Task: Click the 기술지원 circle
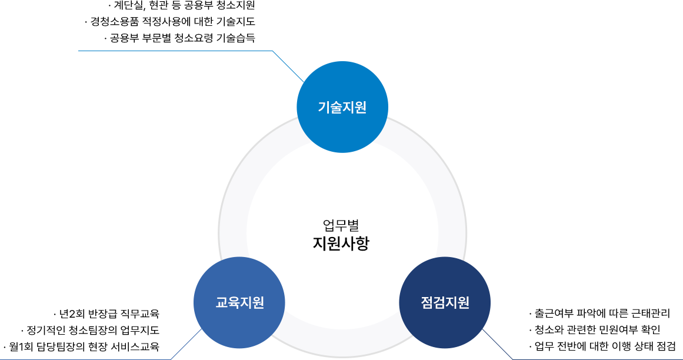point(342,108)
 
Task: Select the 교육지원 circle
point(239,303)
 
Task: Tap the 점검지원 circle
point(445,303)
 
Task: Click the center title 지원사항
point(341,243)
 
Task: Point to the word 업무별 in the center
point(341,225)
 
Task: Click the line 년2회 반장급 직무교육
point(106,313)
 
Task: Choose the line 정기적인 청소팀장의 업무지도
point(90,329)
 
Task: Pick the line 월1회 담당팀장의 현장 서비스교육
point(81,346)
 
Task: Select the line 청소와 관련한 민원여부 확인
point(595,329)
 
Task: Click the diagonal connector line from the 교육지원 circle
point(187,344)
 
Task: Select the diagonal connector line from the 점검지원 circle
point(497,344)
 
